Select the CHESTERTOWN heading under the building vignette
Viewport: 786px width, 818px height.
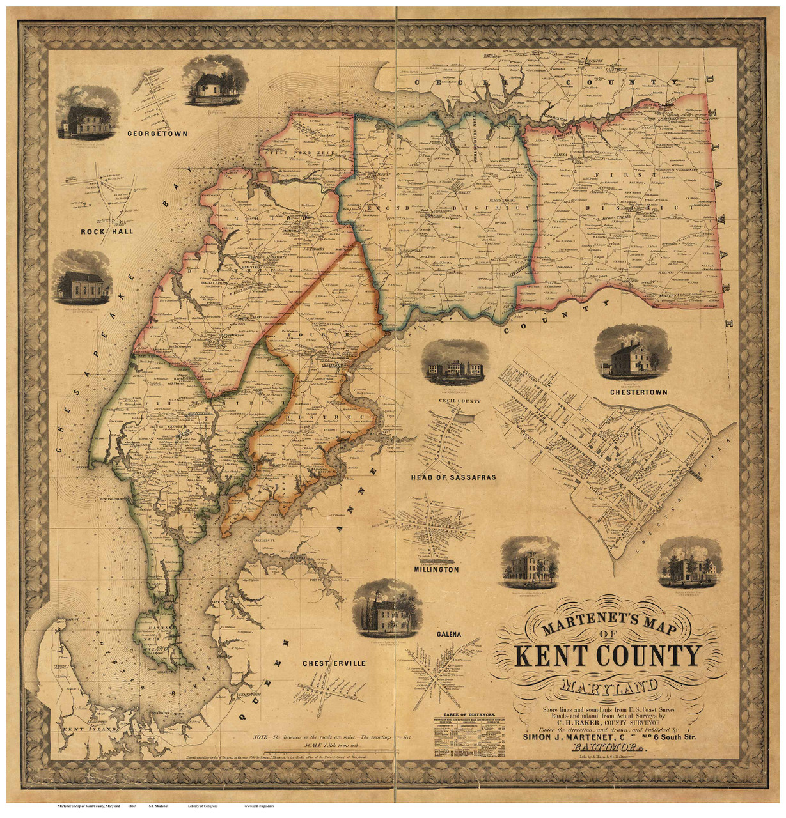629,392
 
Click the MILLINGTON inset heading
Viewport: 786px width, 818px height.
436,569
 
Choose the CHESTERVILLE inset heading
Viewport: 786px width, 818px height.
334,663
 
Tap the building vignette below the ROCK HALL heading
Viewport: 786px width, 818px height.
85,277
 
